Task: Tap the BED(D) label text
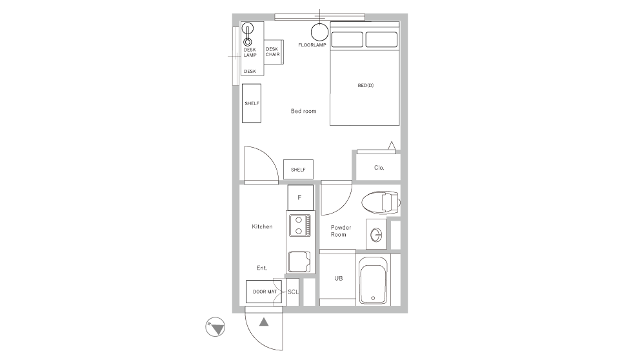point(365,85)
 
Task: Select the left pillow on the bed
point(348,39)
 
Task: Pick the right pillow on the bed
point(381,39)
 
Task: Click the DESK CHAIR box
point(272,51)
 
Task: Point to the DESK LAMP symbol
point(248,34)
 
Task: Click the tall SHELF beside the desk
point(252,103)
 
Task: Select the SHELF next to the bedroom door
point(298,170)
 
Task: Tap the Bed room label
point(303,112)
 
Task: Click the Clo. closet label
point(379,168)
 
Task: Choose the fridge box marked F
point(300,197)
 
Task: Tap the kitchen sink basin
point(299,261)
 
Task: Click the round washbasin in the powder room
point(376,234)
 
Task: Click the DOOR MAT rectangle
point(264,292)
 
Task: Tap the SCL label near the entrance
point(292,292)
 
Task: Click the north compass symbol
point(215,328)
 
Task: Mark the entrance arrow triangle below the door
point(264,321)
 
